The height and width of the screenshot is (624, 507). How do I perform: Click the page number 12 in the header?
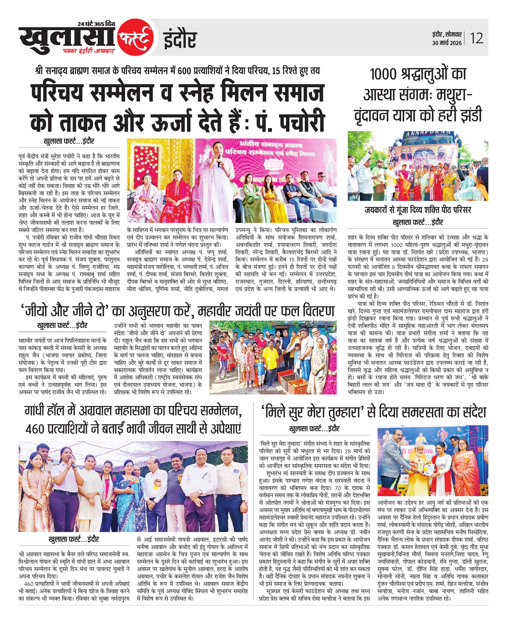[x=477, y=39]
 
